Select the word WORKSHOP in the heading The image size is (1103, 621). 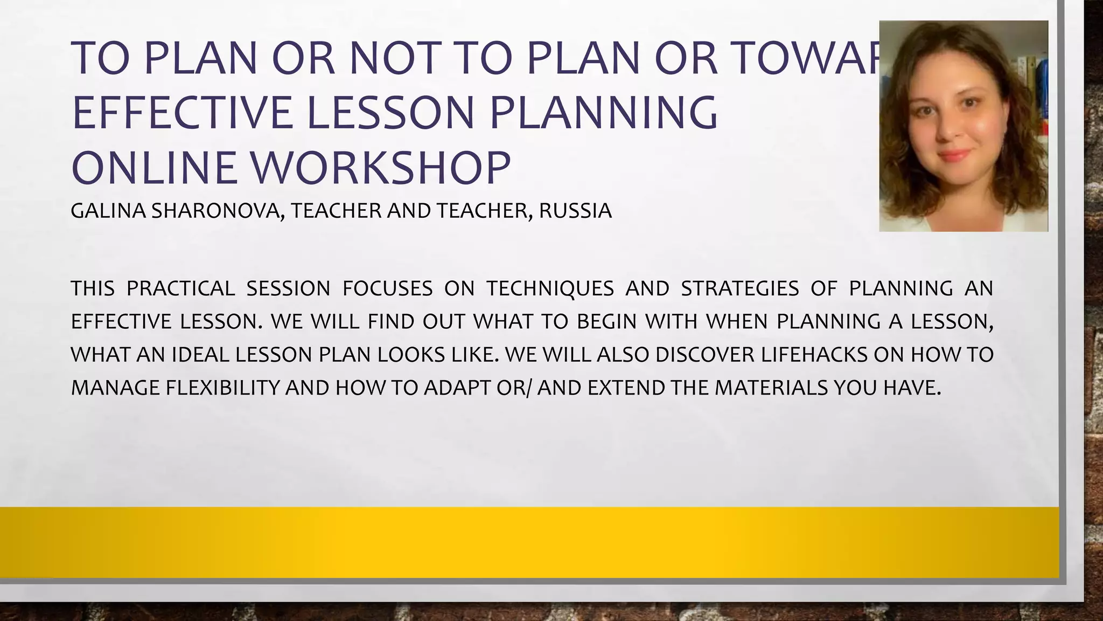[x=381, y=168]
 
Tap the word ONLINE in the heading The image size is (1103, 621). [x=153, y=168]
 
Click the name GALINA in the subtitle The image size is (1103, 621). [x=108, y=211]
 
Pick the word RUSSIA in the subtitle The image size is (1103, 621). [x=575, y=211]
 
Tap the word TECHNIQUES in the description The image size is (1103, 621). [x=550, y=288]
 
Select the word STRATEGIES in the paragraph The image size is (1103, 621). [x=740, y=288]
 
